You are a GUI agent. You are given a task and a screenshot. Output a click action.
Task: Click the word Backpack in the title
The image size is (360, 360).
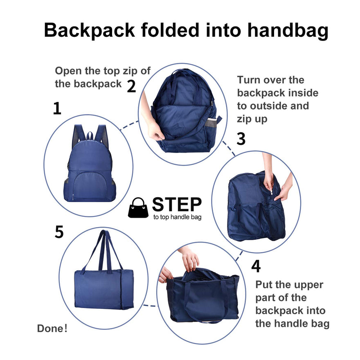click(x=89, y=30)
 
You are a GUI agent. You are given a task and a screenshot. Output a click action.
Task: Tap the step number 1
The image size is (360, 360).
click(x=57, y=108)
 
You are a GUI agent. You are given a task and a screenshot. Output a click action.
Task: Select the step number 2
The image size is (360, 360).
click(x=131, y=86)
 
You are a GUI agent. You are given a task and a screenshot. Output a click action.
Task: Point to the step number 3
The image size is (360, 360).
click(x=241, y=139)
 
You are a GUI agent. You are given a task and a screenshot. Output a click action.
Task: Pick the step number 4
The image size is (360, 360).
click(x=256, y=266)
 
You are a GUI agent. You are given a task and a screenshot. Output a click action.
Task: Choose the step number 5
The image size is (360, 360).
click(x=59, y=232)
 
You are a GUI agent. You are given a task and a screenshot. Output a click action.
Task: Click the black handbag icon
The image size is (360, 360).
click(x=138, y=207)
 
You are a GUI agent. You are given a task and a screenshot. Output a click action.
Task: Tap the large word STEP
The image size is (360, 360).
click(x=177, y=204)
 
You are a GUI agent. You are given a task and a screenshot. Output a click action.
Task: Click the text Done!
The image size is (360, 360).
click(x=52, y=328)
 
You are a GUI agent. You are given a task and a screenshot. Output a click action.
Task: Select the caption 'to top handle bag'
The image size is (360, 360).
click(x=178, y=217)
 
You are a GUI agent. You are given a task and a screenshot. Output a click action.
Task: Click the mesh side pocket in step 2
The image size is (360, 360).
click(x=211, y=123)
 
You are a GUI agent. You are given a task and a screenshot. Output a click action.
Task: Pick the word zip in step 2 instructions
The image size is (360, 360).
click(x=130, y=71)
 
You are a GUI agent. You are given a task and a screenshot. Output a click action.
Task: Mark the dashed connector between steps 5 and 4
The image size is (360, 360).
click(x=150, y=306)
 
